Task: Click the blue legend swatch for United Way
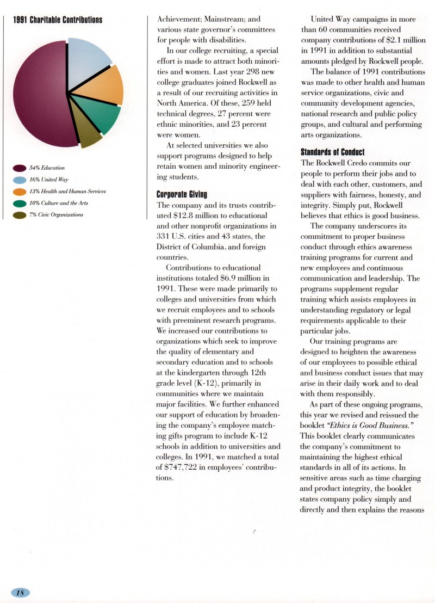(20, 180)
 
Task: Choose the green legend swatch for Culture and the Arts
(20, 203)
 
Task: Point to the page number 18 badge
(20, 593)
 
